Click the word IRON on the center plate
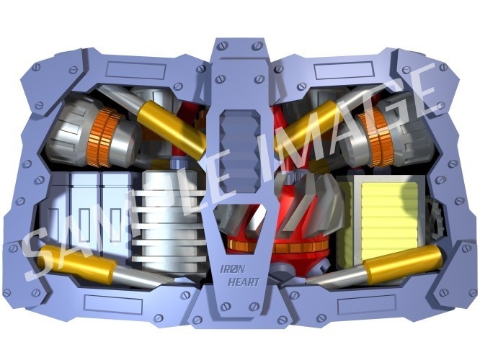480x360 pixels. point(233,269)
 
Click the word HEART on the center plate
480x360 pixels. point(244,282)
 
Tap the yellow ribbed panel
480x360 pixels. point(389,220)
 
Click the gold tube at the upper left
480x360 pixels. point(172,128)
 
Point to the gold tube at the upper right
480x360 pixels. point(307,127)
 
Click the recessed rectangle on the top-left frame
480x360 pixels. point(136,71)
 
